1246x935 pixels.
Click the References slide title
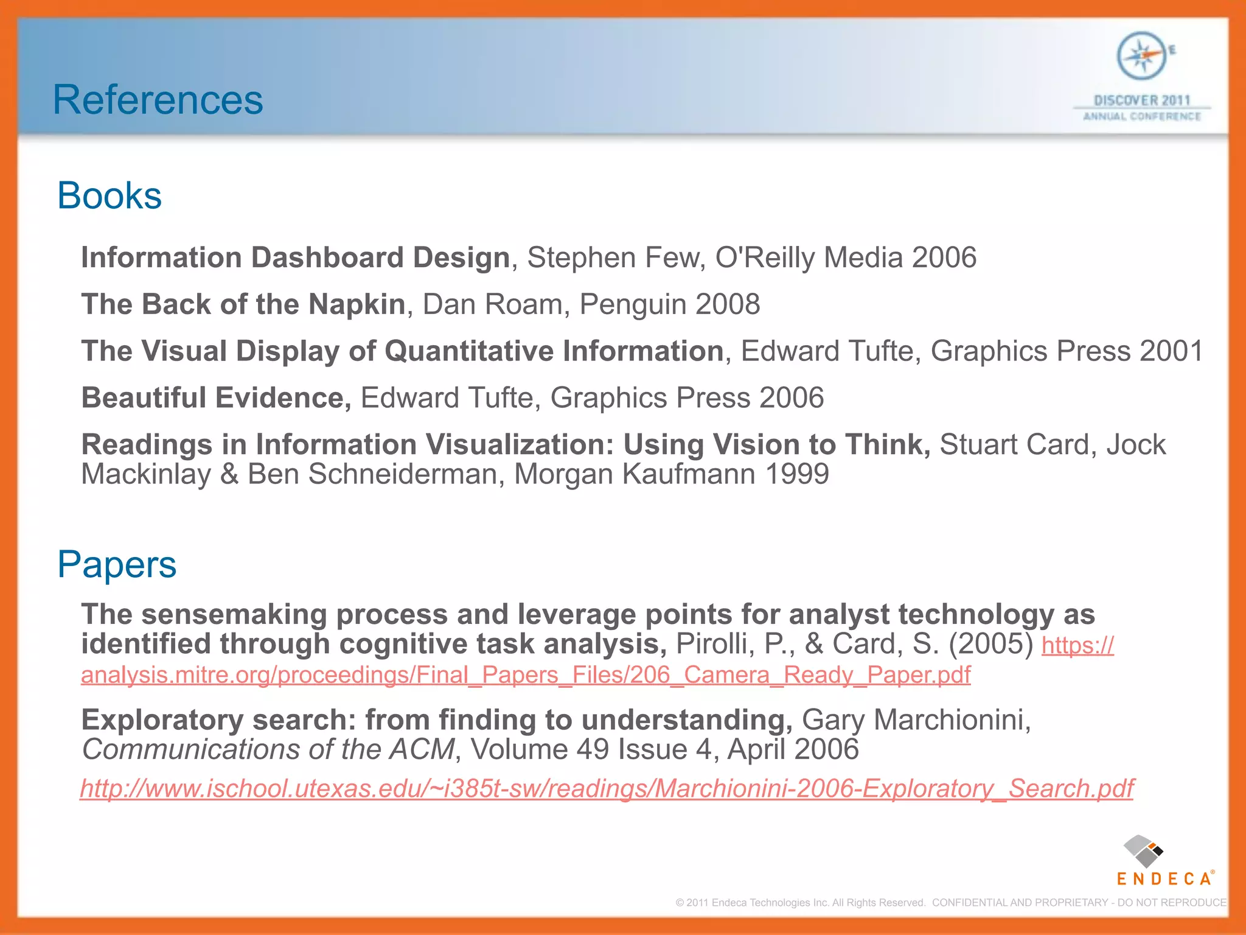click(x=158, y=100)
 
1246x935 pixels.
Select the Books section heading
click(x=110, y=195)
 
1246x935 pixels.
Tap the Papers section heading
click(x=117, y=564)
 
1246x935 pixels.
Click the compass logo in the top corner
click(x=1141, y=57)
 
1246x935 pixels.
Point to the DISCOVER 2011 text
click(x=1141, y=100)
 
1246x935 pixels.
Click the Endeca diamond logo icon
click(x=1143, y=851)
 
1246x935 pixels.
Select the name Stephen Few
click(x=615, y=257)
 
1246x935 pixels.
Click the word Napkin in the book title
click(x=357, y=304)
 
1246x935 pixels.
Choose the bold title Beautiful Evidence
click(x=216, y=398)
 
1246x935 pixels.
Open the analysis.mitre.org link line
click(x=526, y=675)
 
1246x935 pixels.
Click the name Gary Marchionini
click(x=916, y=720)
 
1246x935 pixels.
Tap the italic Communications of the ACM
click(x=268, y=749)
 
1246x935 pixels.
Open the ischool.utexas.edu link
click(x=607, y=788)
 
